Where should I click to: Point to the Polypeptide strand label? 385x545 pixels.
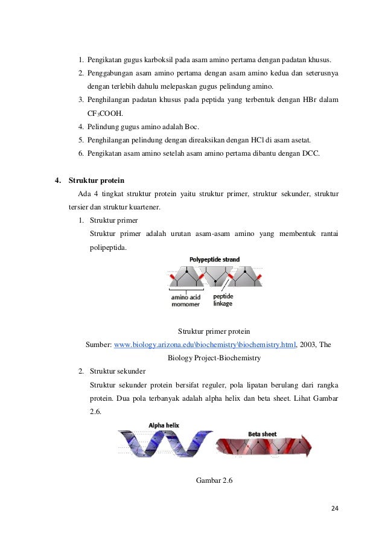click(x=214, y=260)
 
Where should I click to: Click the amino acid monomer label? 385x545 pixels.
click(x=186, y=300)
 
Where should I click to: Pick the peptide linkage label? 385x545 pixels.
click(x=223, y=300)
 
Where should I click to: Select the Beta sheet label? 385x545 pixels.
click(x=262, y=433)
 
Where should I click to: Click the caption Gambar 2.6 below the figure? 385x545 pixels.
click(x=214, y=480)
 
